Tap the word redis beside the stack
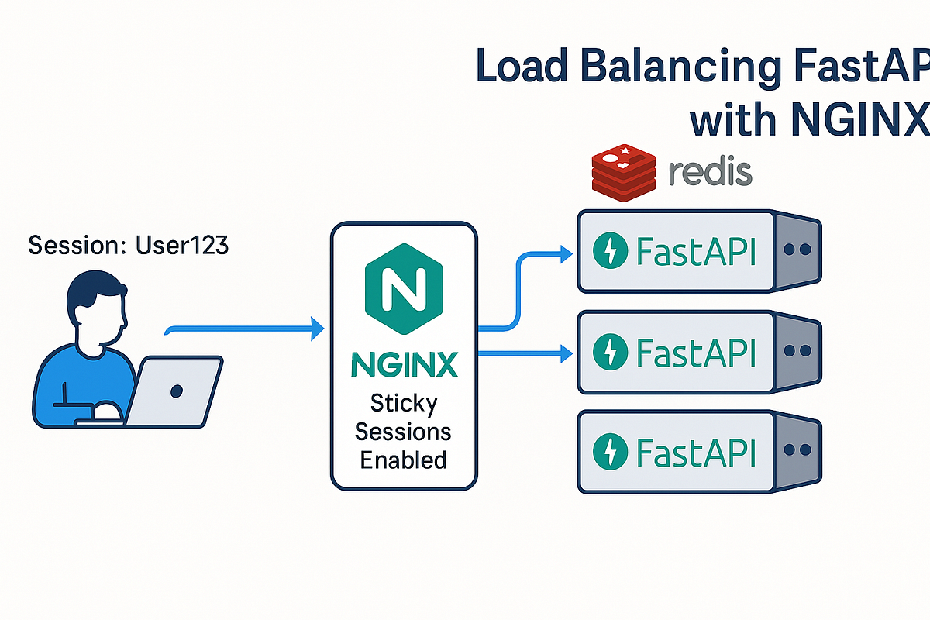pos(709,172)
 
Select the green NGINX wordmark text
pos(403,365)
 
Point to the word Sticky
pos(403,404)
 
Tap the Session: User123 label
pos(129,246)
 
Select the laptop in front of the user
pos(174,391)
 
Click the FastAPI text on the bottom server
pos(695,450)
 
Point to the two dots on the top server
pos(797,251)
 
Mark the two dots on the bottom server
pos(797,450)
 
